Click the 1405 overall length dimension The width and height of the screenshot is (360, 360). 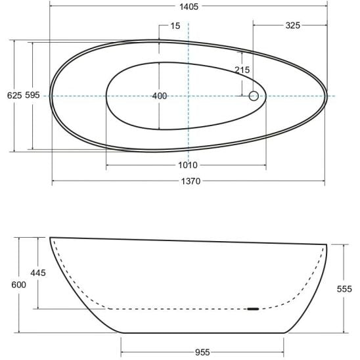click(189, 7)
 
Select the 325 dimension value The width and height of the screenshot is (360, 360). click(293, 25)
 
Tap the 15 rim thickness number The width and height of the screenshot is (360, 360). click(175, 26)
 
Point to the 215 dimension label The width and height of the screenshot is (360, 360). click(242, 70)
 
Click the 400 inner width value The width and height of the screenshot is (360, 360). click(160, 96)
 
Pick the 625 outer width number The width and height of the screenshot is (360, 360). click(14, 95)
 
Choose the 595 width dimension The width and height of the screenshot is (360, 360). click(32, 95)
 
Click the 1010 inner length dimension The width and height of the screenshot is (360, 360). click(188, 165)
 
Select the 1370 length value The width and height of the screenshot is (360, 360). click(191, 181)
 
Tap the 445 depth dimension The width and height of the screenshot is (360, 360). click(38, 273)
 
